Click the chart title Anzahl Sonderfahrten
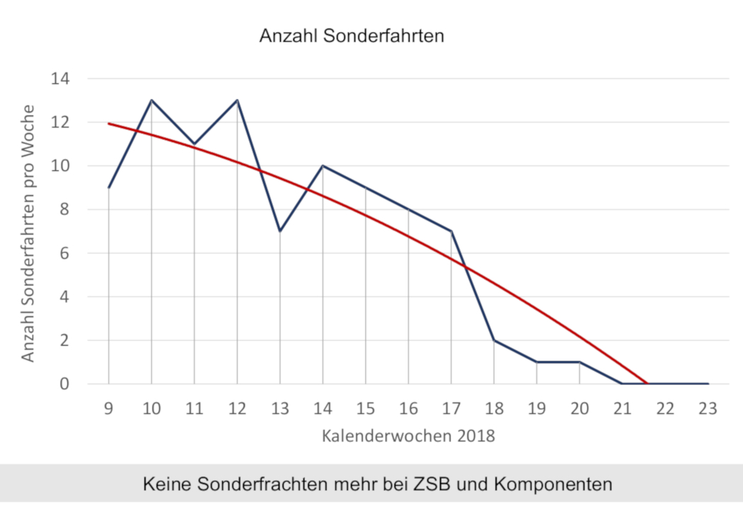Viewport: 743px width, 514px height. click(x=351, y=36)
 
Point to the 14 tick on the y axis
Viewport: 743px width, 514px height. click(x=60, y=78)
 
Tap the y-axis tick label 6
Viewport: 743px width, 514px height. click(x=64, y=253)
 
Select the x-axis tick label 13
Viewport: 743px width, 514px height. click(x=280, y=409)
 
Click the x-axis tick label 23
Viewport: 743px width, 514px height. click(x=708, y=409)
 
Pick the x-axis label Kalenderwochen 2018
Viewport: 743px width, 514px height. click(x=408, y=436)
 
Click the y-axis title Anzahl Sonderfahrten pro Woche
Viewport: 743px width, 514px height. click(x=28, y=233)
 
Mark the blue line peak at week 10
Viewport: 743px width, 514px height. click(x=151, y=100)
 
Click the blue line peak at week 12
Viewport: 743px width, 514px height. click(x=237, y=100)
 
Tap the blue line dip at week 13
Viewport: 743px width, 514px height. click(x=280, y=231)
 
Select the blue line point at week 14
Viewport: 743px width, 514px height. click(x=323, y=165)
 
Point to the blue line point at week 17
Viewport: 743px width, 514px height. click(x=451, y=231)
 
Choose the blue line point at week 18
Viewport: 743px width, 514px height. click(x=494, y=340)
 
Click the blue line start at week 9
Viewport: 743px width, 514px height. click(x=109, y=187)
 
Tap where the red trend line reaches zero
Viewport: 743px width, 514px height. click(x=647, y=384)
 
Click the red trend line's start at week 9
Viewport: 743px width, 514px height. click(x=109, y=124)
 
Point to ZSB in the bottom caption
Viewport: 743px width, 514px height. click(x=427, y=485)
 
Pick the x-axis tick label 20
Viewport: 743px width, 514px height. click(x=580, y=409)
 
